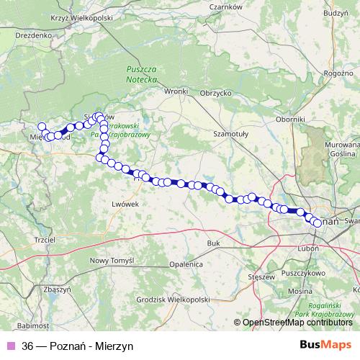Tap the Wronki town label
(x=176, y=91)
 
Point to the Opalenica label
(x=186, y=264)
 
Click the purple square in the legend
(x=10, y=346)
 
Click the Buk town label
(x=212, y=244)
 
